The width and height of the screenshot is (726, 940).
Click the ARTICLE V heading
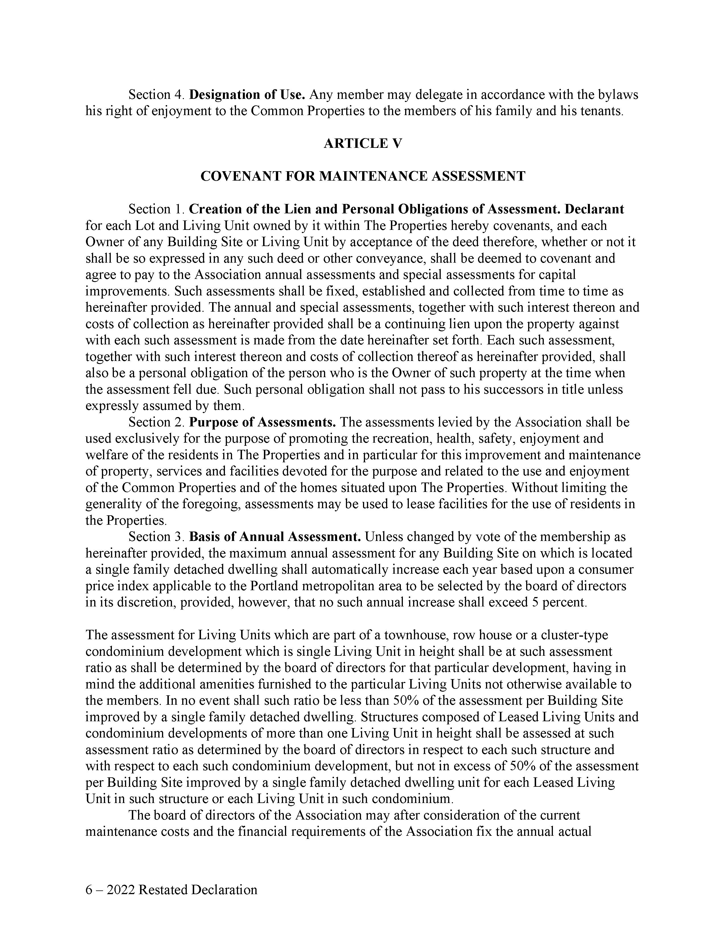pos(362,143)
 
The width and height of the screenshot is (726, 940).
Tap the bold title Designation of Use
pos(247,95)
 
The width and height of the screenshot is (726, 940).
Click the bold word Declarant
pos(594,209)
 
